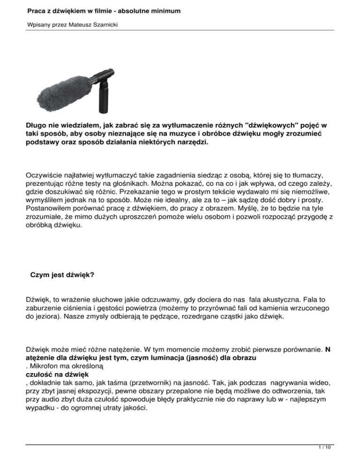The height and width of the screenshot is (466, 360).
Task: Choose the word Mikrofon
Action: coord(48,364)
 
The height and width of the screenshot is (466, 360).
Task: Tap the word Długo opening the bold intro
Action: coord(37,126)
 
